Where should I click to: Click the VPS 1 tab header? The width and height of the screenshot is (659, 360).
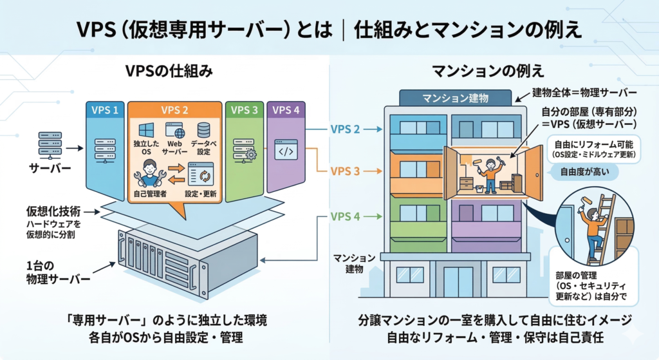point(106,110)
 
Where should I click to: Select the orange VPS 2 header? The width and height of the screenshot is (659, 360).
point(174,110)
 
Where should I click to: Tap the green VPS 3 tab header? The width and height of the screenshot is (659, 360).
point(244,110)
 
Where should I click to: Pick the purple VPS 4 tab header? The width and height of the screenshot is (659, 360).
point(286,110)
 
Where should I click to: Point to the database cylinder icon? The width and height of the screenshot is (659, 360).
point(204,130)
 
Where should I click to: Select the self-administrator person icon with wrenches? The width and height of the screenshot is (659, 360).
point(149,174)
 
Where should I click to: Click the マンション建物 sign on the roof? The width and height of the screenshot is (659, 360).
point(455,99)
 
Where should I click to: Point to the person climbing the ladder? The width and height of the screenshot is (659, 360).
point(593,229)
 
